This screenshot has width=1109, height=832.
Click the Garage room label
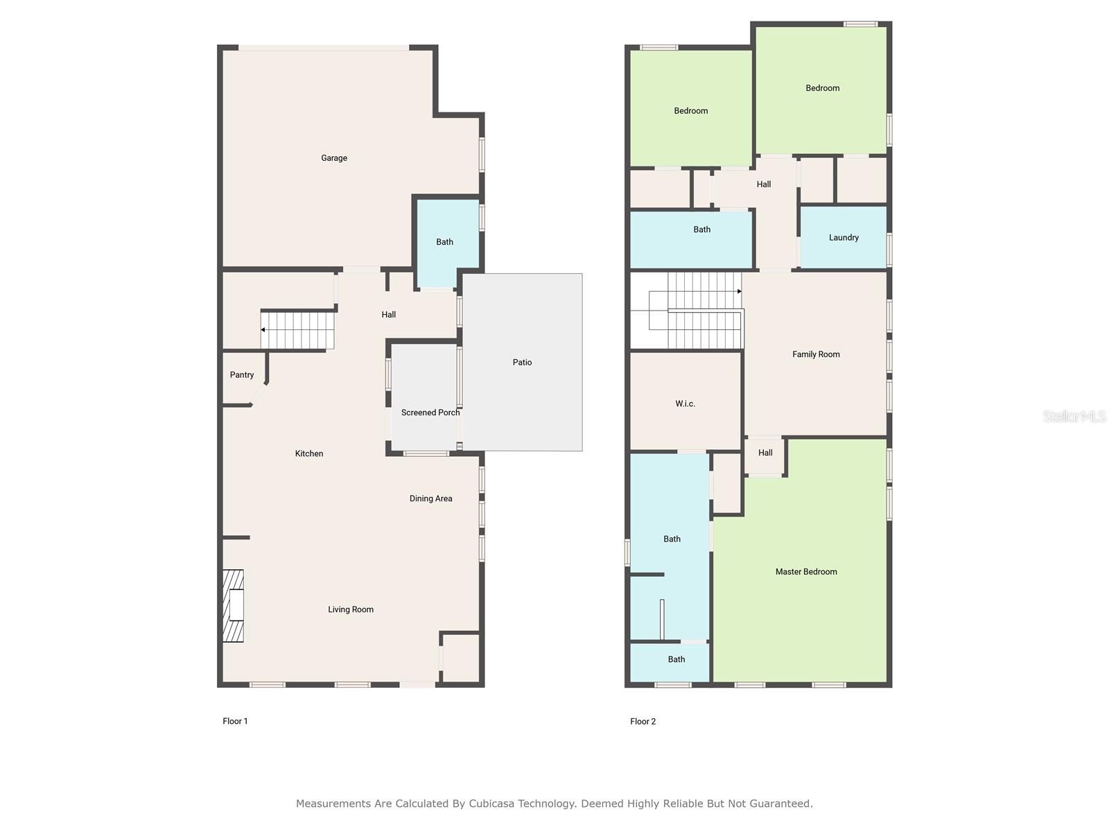point(334,158)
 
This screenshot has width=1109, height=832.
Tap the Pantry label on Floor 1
point(241,375)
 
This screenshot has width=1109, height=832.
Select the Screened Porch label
point(430,413)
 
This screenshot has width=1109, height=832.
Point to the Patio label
point(522,362)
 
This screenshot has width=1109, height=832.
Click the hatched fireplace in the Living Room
point(234,606)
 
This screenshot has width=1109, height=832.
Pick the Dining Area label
point(431,499)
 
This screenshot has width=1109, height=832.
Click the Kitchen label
point(309,453)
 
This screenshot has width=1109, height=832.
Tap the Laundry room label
point(844,237)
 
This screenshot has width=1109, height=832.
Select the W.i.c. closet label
point(685,404)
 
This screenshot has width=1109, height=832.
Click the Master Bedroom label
point(806,572)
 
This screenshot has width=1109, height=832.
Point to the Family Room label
point(816,354)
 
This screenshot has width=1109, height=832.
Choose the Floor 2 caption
point(643,721)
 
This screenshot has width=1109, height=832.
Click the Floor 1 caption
point(236,721)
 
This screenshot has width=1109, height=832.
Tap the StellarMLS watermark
point(1074,416)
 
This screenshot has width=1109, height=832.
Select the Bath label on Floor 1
point(444,242)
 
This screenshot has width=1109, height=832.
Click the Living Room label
point(351,609)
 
